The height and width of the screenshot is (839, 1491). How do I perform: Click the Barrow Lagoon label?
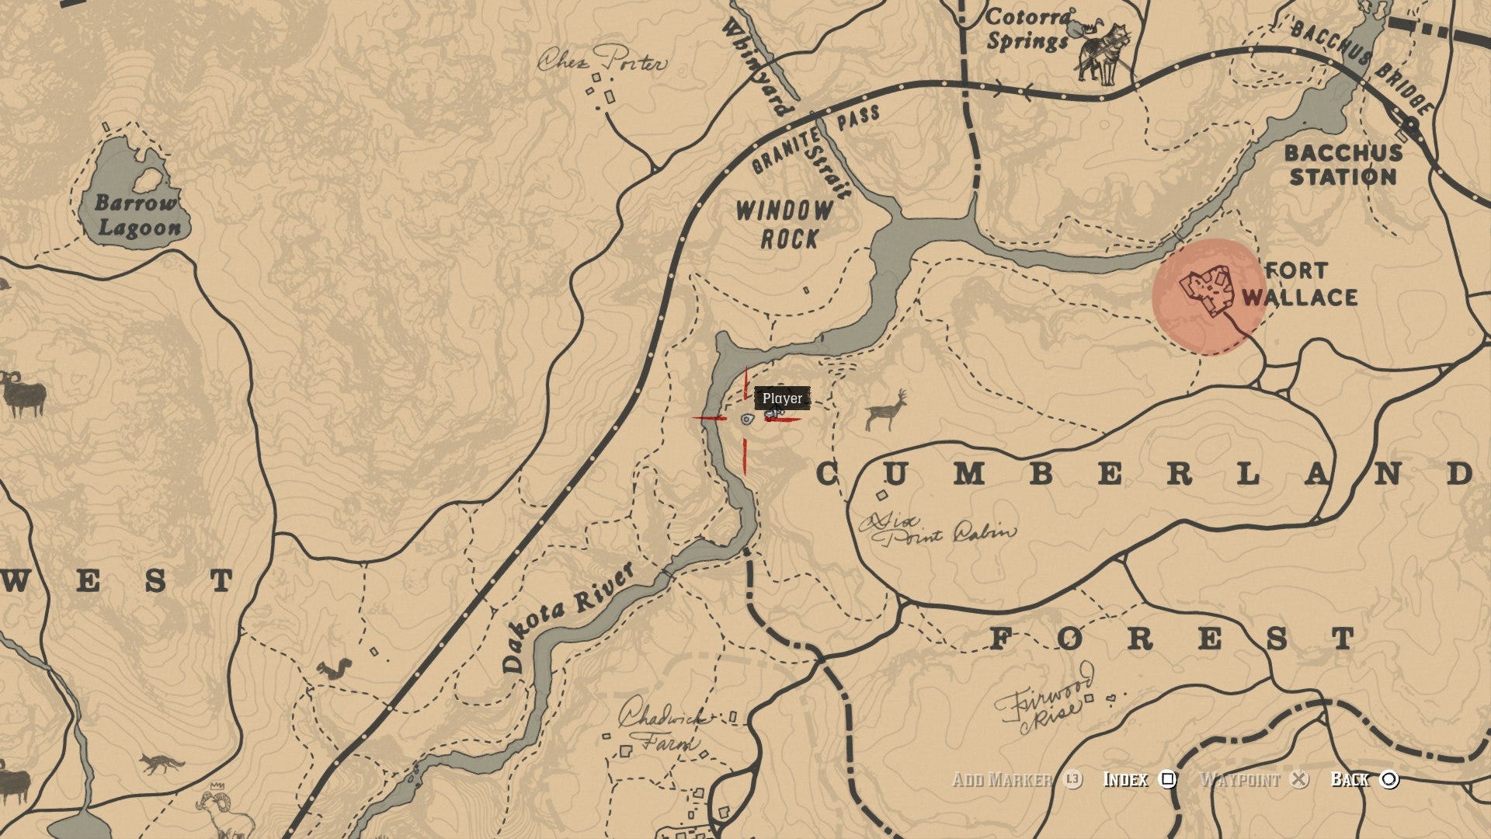point(137,215)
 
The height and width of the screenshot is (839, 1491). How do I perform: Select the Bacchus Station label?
point(1343,165)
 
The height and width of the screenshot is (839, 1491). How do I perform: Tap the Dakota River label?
point(567,617)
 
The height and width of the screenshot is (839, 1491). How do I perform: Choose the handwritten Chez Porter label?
point(603,60)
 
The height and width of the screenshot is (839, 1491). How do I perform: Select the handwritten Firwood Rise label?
point(1045,703)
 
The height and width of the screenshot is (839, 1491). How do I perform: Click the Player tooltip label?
point(782,399)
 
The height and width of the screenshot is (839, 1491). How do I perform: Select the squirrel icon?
point(335,668)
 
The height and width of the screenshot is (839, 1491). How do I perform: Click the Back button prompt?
point(1364,779)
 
